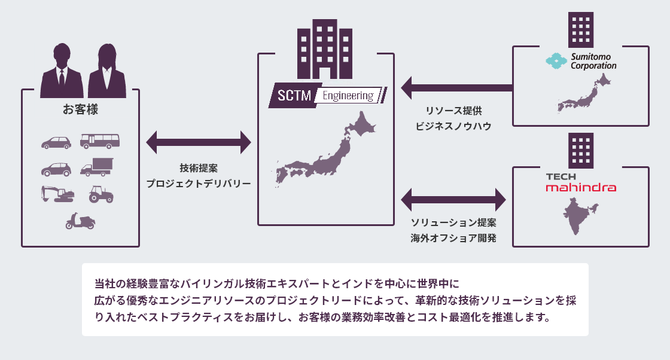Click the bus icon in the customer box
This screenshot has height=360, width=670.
click(99, 141)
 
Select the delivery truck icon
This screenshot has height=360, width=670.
click(97, 167)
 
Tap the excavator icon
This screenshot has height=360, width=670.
click(57, 194)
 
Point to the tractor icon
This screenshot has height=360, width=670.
click(100, 194)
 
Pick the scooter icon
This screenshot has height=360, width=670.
click(80, 221)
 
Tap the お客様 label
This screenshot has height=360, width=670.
click(80, 109)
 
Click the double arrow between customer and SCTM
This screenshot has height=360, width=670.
click(199, 142)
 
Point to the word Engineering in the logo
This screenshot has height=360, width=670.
click(348, 96)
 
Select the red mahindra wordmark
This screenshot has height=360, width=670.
click(581, 187)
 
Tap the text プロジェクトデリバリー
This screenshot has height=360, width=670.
click(199, 184)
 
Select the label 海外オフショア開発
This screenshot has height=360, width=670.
click(453, 238)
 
